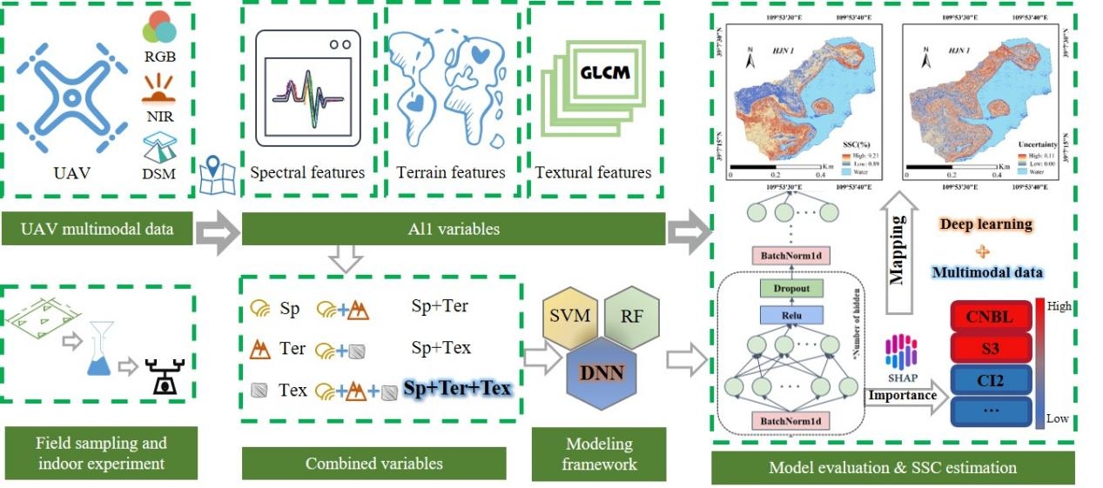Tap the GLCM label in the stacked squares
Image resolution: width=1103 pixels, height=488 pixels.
coord(595,72)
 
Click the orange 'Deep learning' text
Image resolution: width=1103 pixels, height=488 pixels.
coord(985,224)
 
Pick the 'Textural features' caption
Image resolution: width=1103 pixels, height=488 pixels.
coord(593,172)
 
